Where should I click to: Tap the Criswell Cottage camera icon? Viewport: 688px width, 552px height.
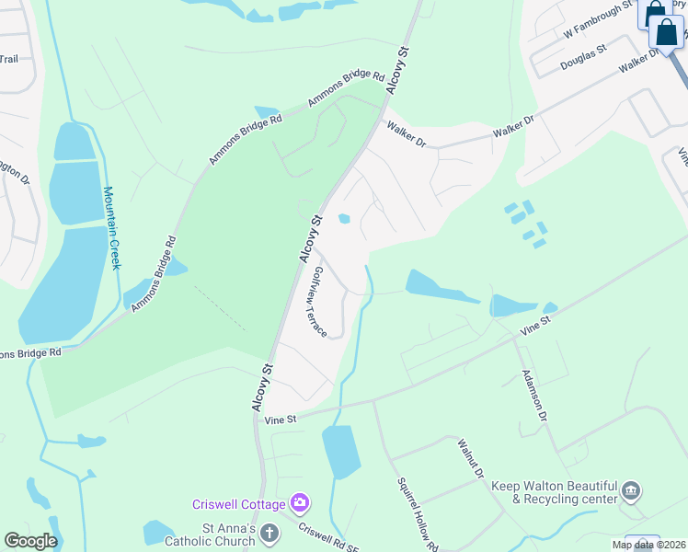299,503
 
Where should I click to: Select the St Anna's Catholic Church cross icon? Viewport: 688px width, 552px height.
269,533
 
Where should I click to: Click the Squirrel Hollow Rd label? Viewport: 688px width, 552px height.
419,513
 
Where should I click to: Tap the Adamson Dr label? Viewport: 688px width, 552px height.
534,396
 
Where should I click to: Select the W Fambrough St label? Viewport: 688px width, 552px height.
599,20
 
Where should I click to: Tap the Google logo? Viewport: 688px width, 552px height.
30,541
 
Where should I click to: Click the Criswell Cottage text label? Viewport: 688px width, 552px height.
238,504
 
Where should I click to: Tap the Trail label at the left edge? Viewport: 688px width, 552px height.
8,59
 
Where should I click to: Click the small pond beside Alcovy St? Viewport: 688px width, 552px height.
344,219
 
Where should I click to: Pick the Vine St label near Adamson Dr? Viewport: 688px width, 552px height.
534,323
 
